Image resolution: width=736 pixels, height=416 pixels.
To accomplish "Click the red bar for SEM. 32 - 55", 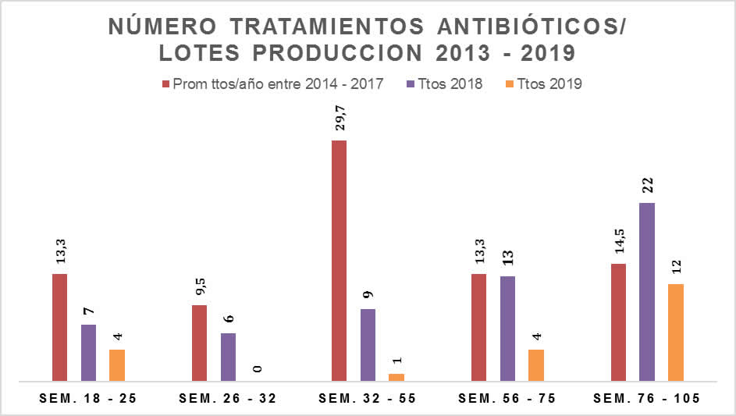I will tap(339, 261).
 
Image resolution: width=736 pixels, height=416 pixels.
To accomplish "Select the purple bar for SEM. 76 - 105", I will tap(646, 292).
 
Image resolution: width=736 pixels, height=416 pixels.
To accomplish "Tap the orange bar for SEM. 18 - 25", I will tap(116, 365).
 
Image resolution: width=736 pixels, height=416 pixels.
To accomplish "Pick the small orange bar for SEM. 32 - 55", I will tap(396, 378).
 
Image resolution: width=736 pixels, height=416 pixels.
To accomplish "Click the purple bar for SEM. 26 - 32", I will tap(228, 357).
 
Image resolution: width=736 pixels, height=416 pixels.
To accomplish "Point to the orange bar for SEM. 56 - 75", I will tap(536, 365).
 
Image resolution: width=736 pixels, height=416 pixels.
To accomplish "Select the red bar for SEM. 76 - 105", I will tap(618, 322).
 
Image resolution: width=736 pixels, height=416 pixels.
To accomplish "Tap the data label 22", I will tap(647, 185).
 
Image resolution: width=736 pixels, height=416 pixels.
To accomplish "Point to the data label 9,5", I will tap(200, 288).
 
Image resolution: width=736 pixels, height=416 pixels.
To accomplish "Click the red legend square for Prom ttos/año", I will tap(165, 84).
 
